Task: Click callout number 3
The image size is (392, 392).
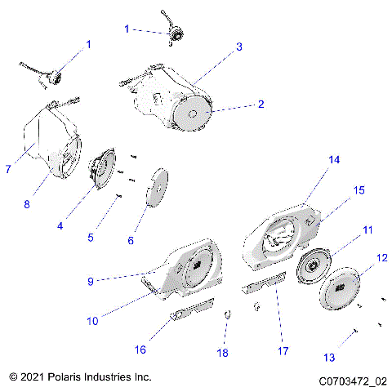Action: [239, 47]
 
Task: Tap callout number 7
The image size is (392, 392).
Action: [7, 170]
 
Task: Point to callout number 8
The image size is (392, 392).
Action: [26, 204]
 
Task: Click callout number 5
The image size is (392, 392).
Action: [91, 238]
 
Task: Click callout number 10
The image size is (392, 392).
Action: [92, 321]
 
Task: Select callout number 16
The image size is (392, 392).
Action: [140, 350]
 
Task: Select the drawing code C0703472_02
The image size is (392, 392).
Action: [353, 381]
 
